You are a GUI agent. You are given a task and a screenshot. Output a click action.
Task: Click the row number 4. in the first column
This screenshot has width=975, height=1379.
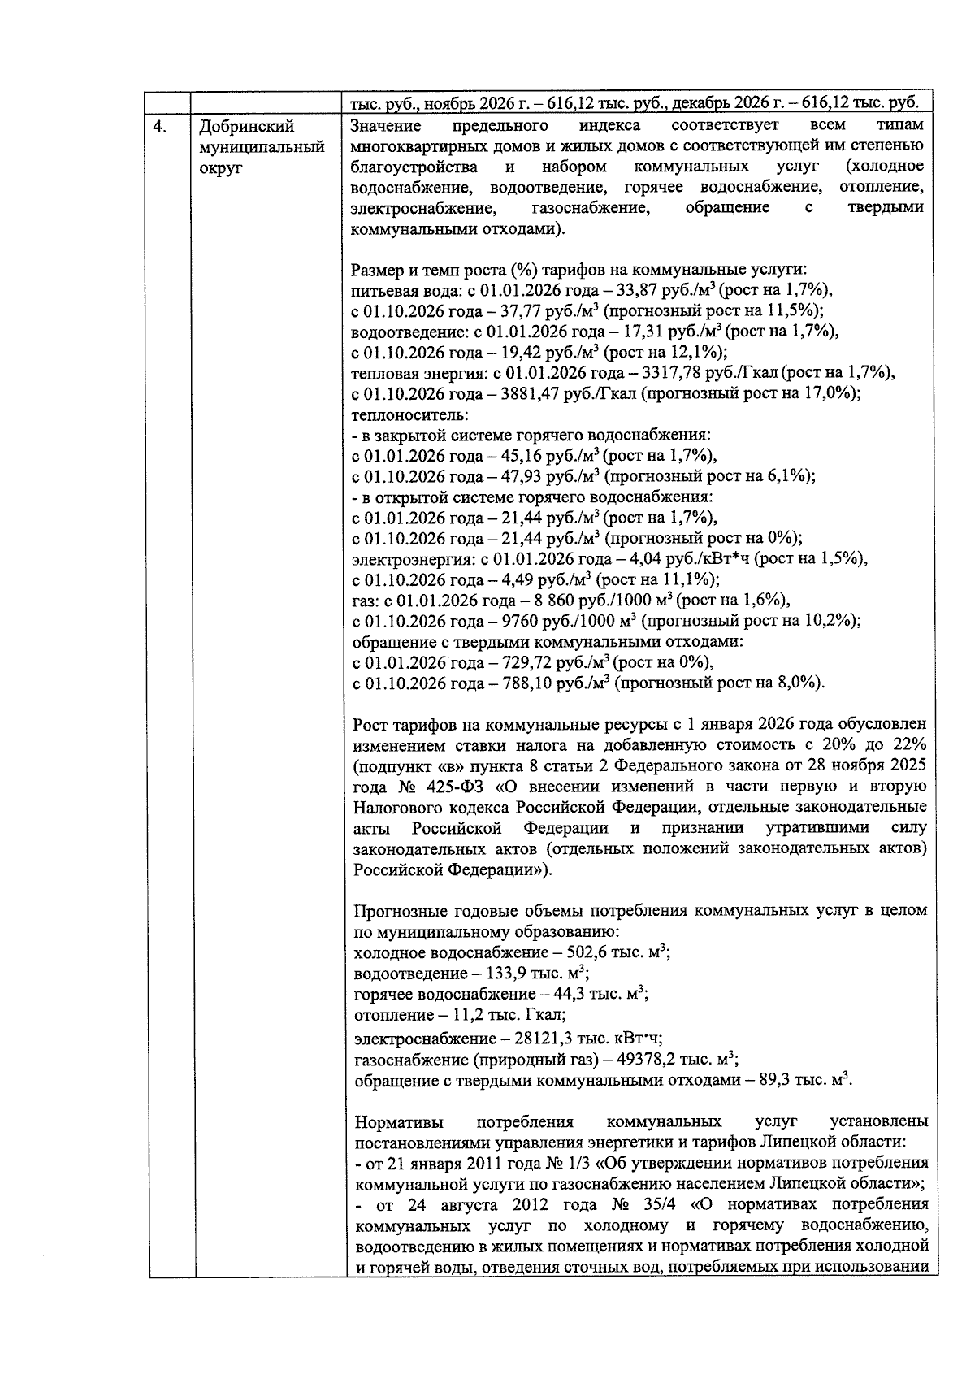coord(162,126)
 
